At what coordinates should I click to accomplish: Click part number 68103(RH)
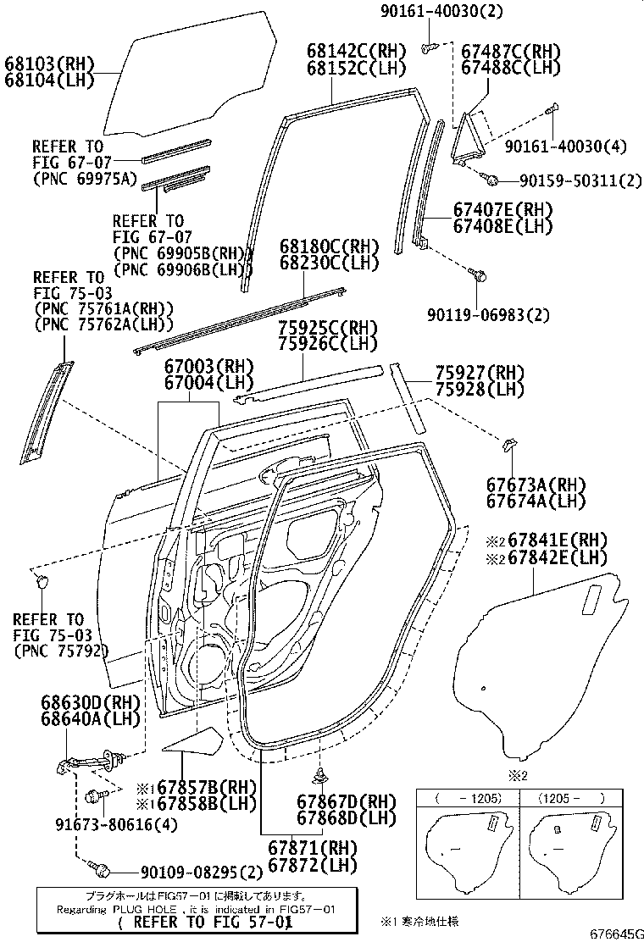pos(49,64)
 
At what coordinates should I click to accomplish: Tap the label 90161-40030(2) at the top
pos(436,10)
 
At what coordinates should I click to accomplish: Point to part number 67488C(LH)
pos(511,66)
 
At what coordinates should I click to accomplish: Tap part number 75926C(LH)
pos(327,344)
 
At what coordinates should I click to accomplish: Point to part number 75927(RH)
pos(480,374)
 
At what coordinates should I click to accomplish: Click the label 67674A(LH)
pos(536,501)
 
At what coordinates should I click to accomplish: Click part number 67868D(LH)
pos(347,818)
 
